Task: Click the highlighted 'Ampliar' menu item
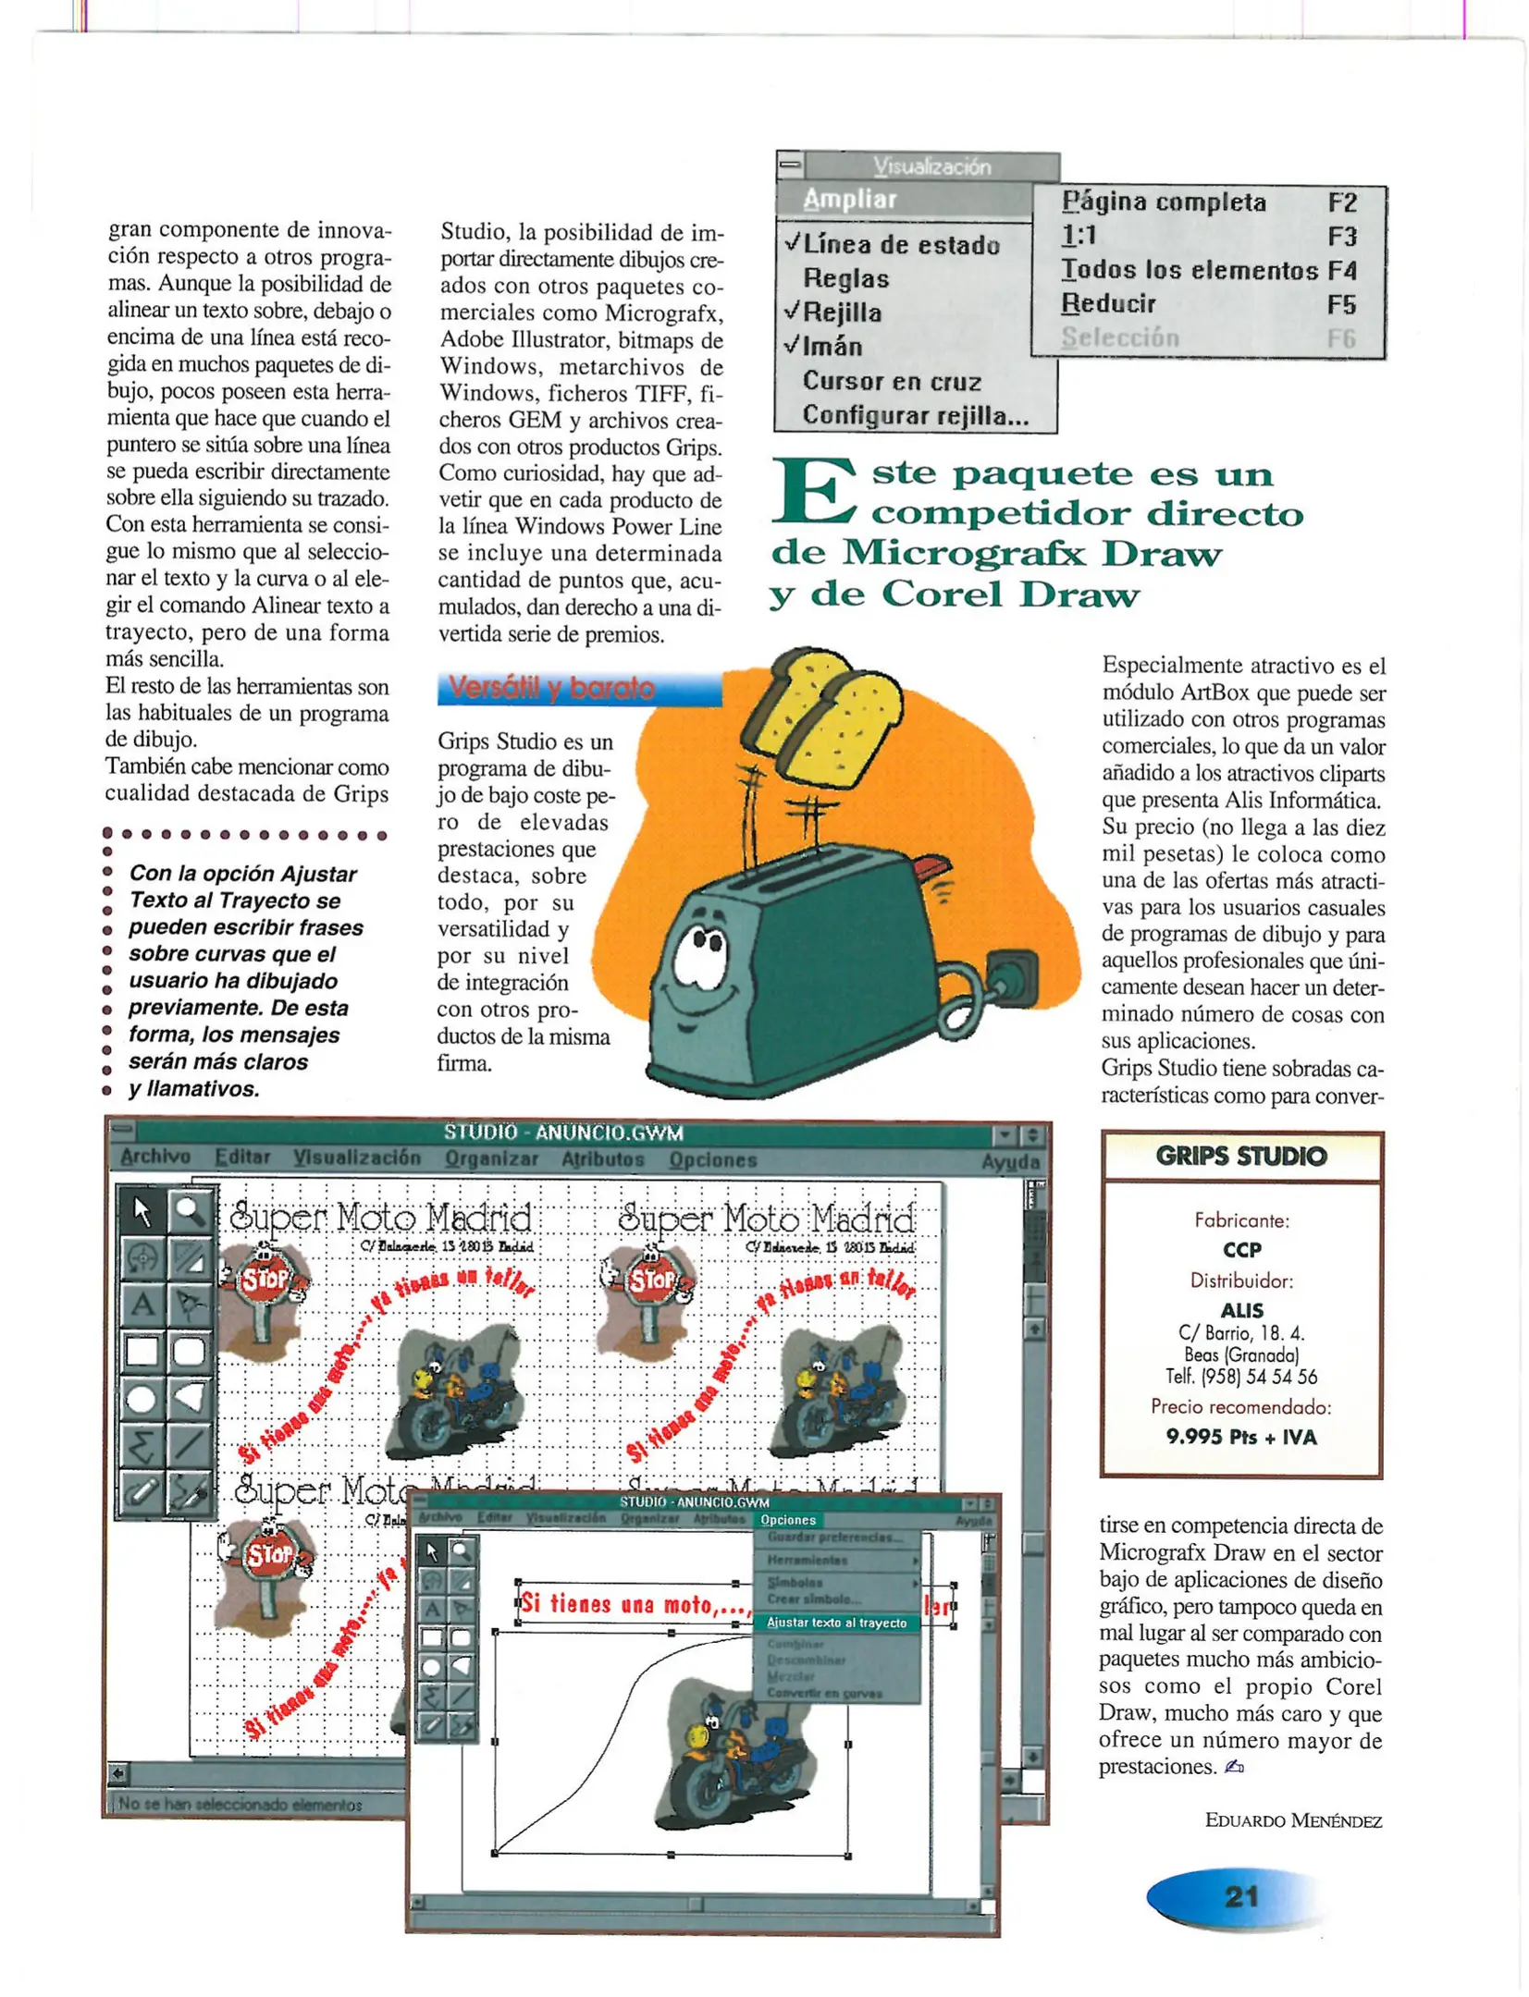[x=849, y=200]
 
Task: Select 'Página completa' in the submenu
[x=1163, y=202]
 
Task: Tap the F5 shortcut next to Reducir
[x=1340, y=304]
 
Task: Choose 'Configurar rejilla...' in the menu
[x=914, y=415]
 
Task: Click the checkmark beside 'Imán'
[x=791, y=345]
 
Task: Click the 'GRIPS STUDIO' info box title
[x=1240, y=1156]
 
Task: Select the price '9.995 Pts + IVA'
[x=1240, y=1436]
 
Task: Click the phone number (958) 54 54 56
[x=1240, y=1377]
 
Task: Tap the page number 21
[x=1240, y=1896]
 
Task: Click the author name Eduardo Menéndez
[x=1292, y=1820]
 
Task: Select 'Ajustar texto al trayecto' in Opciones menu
[x=835, y=1623]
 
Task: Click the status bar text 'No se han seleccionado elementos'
[x=240, y=1804]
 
